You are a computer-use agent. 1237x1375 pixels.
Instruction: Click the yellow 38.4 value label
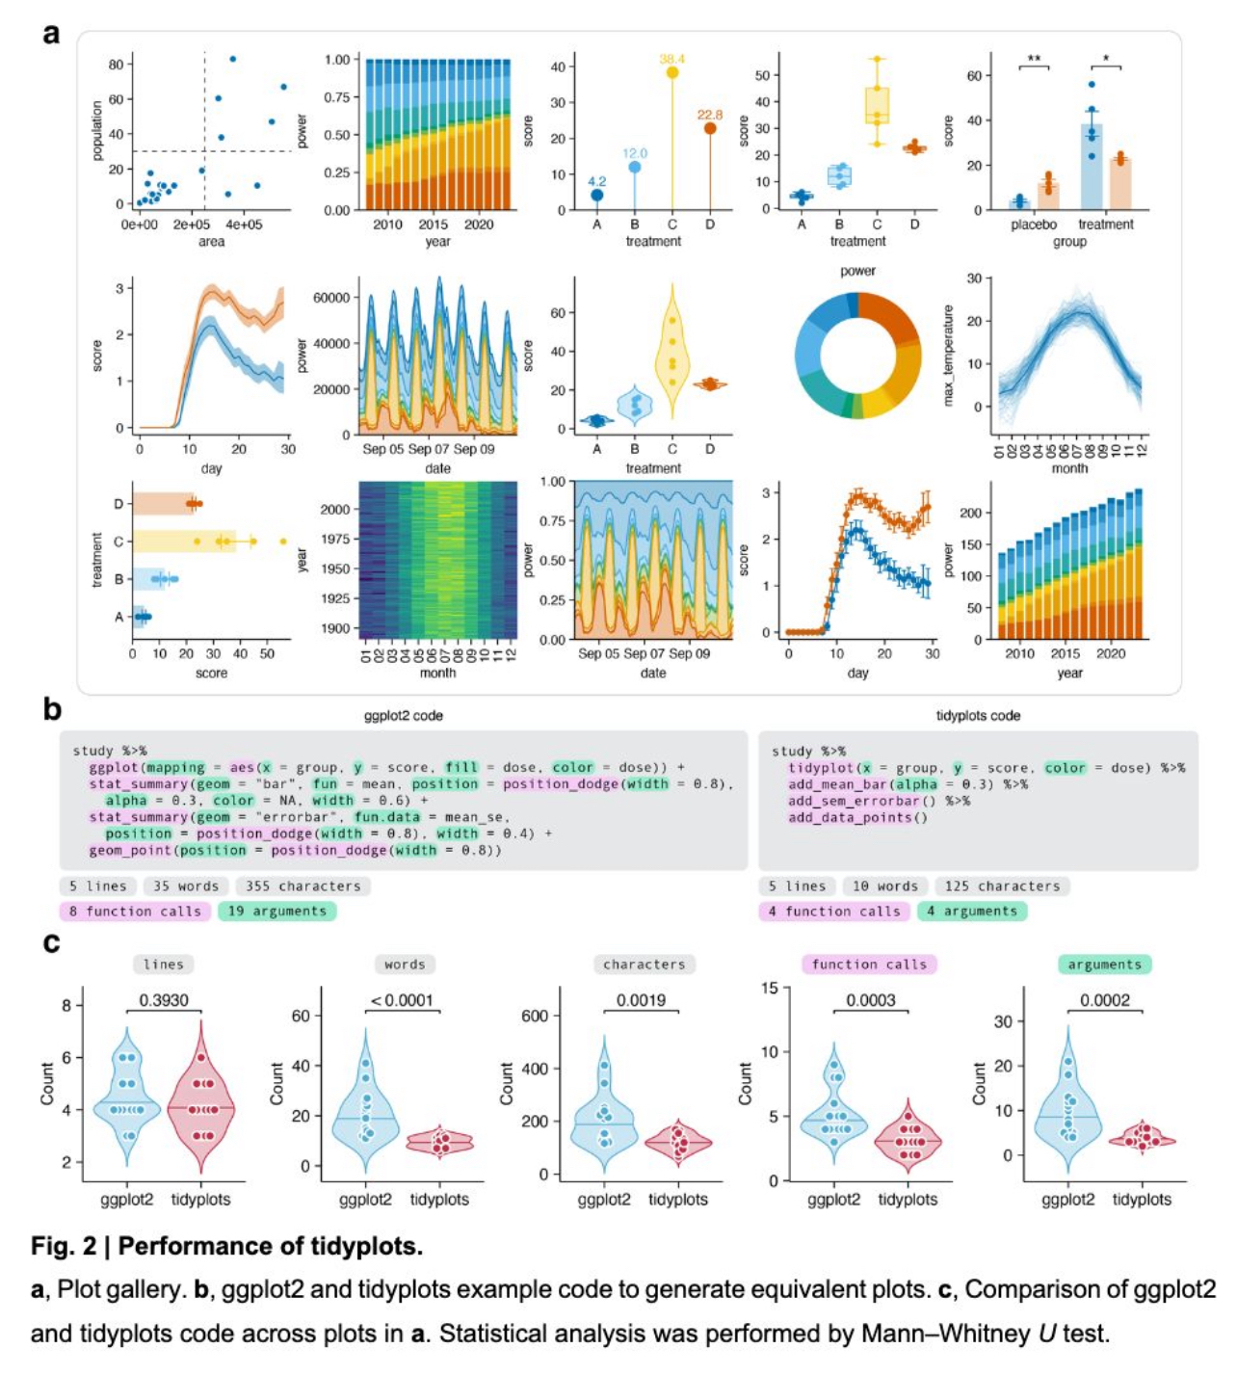point(671,59)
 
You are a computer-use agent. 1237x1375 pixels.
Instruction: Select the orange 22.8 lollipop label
point(709,115)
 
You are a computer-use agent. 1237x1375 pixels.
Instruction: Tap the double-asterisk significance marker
point(1034,59)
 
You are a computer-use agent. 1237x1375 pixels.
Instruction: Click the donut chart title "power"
point(857,271)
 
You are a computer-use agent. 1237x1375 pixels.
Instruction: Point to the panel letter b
point(52,710)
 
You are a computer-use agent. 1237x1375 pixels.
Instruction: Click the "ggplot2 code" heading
point(404,716)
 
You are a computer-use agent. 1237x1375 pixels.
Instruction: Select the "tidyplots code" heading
point(978,716)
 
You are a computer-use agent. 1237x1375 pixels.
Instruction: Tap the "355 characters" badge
point(303,886)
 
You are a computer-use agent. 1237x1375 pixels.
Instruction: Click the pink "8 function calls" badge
point(135,911)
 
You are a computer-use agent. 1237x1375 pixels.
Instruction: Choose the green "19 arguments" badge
point(277,911)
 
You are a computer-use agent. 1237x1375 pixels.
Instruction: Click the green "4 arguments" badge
point(971,911)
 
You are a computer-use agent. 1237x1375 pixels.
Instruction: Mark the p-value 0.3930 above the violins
point(164,1000)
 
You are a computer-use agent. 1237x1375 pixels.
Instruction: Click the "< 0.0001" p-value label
point(403,1000)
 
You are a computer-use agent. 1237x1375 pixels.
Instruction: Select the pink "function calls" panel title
point(869,965)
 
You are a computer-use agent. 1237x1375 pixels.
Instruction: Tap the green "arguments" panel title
point(1104,965)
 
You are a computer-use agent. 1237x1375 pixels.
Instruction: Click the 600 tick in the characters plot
point(535,1016)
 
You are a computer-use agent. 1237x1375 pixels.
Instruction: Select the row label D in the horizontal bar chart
point(118,504)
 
